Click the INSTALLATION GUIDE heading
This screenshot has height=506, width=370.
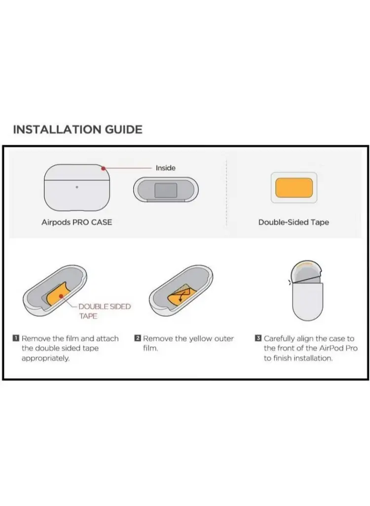click(77, 129)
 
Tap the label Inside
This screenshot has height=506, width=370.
click(166, 168)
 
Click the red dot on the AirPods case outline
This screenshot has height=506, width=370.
click(103, 168)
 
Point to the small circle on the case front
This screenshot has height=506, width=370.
click(76, 187)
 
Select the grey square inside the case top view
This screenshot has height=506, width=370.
click(166, 190)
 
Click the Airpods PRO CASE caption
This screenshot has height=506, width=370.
click(76, 222)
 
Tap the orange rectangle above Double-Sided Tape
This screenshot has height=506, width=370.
click(294, 187)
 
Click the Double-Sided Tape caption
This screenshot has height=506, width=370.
click(294, 222)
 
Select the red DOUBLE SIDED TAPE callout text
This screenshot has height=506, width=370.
click(105, 311)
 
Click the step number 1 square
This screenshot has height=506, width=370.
click(16, 338)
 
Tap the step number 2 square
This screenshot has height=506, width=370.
click(137, 338)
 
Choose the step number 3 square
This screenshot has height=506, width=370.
click(258, 338)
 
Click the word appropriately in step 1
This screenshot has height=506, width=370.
click(45, 359)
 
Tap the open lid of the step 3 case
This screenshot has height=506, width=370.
click(306, 271)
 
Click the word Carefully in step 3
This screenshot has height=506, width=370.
click(279, 339)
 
